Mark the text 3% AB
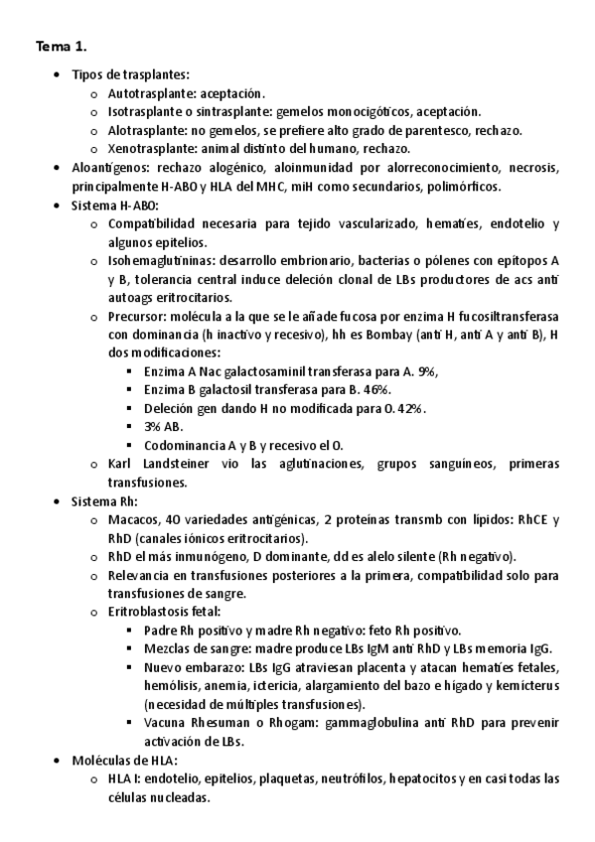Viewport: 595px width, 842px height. pyautogui.click(x=164, y=427)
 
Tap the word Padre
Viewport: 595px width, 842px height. pyautogui.click(x=162, y=631)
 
